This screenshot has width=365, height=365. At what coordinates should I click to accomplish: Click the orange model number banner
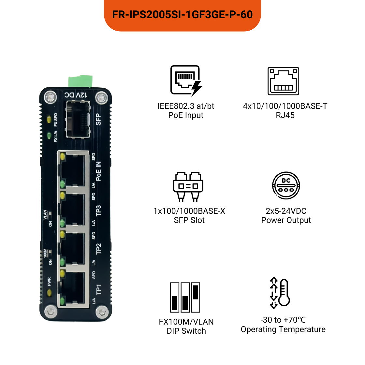tap(182, 15)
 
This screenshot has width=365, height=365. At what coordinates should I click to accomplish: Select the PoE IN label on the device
tap(98, 171)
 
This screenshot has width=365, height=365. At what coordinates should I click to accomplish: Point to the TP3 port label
tap(98, 211)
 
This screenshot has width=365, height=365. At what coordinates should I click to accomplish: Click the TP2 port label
tap(98, 249)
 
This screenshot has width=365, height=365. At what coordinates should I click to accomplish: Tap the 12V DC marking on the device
tap(76, 95)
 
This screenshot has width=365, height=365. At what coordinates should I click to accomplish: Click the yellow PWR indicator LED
tap(50, 292)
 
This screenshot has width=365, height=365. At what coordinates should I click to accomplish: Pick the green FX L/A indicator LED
tap(49, 135)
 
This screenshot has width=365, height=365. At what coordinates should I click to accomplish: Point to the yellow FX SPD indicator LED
tap(49, 119)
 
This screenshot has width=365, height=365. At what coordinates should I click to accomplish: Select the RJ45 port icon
tap(283, 81)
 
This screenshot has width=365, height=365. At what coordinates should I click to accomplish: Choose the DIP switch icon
tap(185, 297)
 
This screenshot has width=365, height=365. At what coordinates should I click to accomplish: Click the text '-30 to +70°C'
tap(283, 320)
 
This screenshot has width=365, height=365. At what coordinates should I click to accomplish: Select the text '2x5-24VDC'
tap(286, 211)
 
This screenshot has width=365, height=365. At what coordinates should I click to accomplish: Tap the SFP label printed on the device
tap(98, 120)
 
